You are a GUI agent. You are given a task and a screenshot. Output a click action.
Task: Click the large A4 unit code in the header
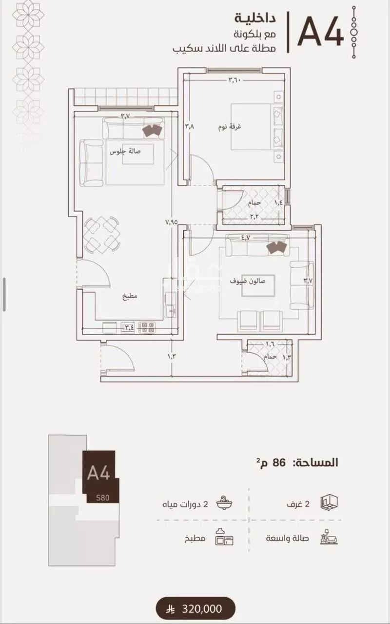coord(320,32)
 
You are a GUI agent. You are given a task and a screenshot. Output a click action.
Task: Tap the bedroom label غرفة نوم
coord(230,127)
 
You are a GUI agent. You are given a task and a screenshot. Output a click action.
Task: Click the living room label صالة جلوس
coord(125,152)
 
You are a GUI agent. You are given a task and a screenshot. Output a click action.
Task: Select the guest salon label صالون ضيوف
coord(248,281)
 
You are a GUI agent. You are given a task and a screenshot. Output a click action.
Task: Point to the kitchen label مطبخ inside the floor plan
coord(130,296)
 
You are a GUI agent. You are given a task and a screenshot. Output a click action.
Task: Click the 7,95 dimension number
coord(172,222)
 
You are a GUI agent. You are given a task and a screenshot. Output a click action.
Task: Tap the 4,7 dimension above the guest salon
coord(246,238)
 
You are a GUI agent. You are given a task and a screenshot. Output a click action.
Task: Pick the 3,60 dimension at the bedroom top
coord(234,80)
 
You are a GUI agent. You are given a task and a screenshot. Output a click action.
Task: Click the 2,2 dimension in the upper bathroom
coord(254,217)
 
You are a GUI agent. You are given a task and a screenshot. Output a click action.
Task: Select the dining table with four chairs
coord(102,235)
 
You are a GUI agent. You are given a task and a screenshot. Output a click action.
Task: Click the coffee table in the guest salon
coord(258,285)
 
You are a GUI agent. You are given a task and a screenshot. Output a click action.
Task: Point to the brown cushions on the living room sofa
coord(152,131)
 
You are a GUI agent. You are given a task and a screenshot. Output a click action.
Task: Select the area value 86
coord(279,463)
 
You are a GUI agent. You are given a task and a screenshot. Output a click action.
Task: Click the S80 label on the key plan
coord(102,498)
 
